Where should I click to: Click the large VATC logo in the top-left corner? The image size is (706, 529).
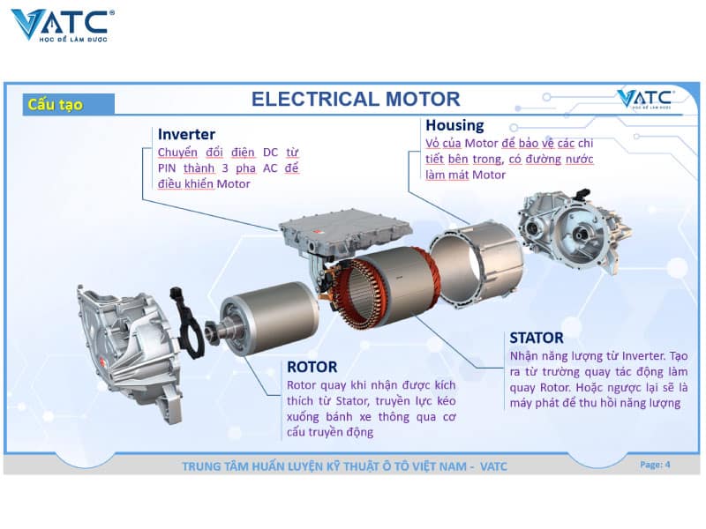tap(62, 24)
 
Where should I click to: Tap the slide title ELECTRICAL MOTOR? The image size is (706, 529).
tap(356, 99)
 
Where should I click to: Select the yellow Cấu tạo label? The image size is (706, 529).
tap(55, 105)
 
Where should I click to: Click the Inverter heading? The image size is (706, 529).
tap(186, 134)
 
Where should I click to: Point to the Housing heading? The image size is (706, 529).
tap(454, 125)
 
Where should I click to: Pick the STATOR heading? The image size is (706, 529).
tap(537, 338)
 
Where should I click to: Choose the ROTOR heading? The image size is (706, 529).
tap(312, 366)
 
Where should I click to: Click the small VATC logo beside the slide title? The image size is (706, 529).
tap(645, 99)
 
